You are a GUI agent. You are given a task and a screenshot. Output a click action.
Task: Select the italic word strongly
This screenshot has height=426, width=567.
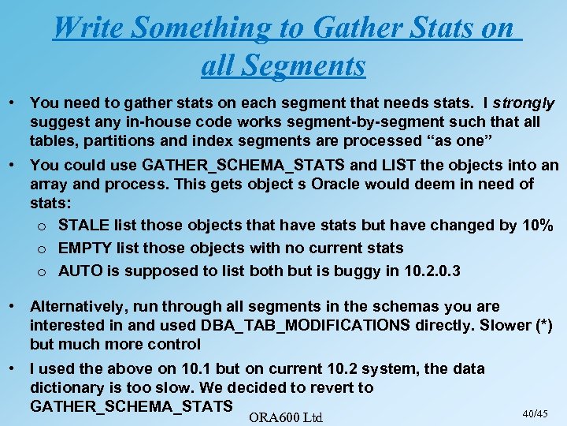(524, 103)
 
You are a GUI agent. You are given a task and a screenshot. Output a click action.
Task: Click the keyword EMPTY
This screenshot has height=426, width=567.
(84, 248)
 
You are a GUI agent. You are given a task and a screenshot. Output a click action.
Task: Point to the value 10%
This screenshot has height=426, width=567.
(538, 225)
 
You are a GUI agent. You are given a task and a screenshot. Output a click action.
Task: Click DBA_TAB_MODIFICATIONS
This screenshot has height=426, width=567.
(306, 325)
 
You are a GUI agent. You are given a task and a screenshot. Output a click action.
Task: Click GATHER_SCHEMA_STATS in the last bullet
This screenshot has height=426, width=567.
(131, 406)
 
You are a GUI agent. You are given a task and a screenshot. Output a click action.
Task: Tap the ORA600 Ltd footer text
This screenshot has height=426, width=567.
(285, 416)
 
